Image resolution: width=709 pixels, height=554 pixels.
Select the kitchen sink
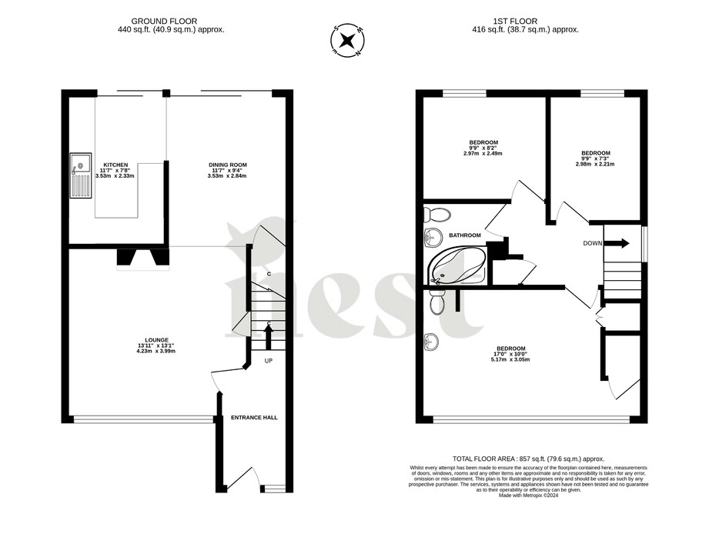coord(80,176)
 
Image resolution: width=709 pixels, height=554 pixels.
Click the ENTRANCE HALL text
coord(254,418)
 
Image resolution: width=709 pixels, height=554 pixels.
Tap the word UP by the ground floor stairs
coord(269,360)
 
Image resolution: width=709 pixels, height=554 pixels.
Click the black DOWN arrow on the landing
coord(617,244)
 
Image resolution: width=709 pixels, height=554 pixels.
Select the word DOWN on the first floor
coord(593,244)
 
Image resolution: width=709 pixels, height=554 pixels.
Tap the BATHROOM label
coord(465,235)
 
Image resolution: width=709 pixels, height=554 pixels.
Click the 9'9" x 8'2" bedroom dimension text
coord(483,148)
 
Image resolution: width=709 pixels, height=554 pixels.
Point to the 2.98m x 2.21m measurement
coord(594,164)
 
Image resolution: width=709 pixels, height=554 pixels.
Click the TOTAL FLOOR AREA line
coord(528,457)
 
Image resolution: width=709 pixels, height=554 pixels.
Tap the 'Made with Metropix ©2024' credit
coord(529,496)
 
